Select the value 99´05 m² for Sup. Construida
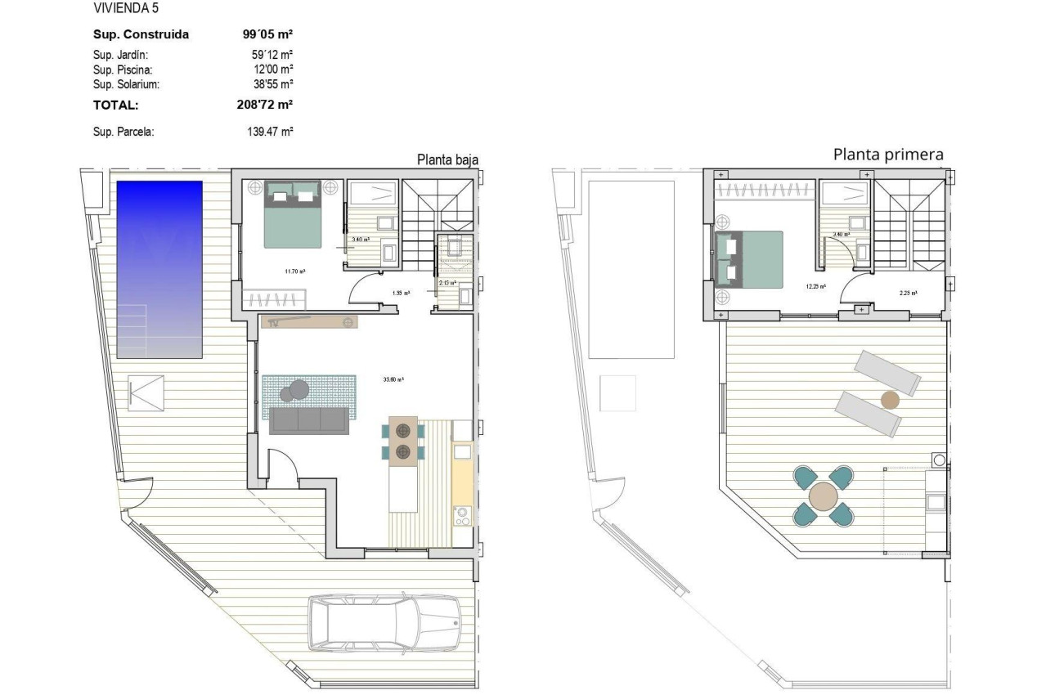pyautogui.click(x=263, y=34)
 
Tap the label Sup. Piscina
pyautogui.click(x=123, y=69)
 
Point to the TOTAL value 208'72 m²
pyautogui.click(x=263, y=105)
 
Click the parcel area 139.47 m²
pyautogui.click(x=270, y=131)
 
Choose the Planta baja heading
pyautogui.click(x=447, y=159)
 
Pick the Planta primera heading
pyautogui.click(x=888, y=154)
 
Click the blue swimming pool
pyautogui.click(x=159, y=269)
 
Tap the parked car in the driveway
pyautogui.click(x=384, y=622)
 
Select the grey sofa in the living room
pyautogui.click(x=309, y=421)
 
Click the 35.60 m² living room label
pyautogui.click(x=394, y=379)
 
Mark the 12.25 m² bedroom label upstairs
pyautogui.click(x=815, y=286)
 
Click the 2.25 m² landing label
pyautogui.click(x=908, y=293)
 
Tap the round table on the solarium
pyautogui.click(x=824, y=495)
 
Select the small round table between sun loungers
pyautogui.click(x=890, y=400)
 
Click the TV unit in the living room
pyautogui.click(x=310, y=322)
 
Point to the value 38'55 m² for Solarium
pyautogui.click(x=273, y=84)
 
